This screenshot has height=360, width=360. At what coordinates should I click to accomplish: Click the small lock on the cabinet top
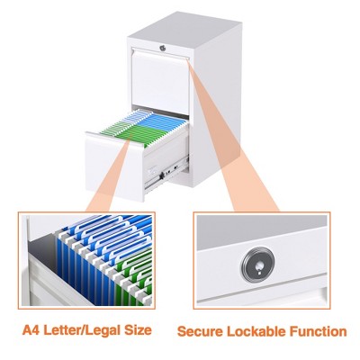click(x=162, y=45)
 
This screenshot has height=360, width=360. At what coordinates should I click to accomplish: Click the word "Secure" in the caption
click(x=202, y=331)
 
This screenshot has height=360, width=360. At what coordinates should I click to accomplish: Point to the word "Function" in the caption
click(x=319, y=331)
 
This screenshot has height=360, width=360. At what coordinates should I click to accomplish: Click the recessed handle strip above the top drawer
click(x=159, y=56)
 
